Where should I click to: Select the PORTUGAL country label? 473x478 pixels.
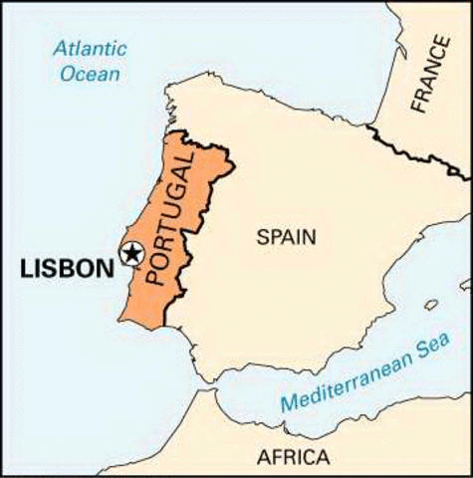(166, 230)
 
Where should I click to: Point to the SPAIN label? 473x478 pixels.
(286, 237)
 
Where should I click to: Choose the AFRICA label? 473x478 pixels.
(293, 458)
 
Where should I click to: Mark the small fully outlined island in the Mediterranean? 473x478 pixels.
(430, 305)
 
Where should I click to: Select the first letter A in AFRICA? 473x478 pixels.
(263, 458)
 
